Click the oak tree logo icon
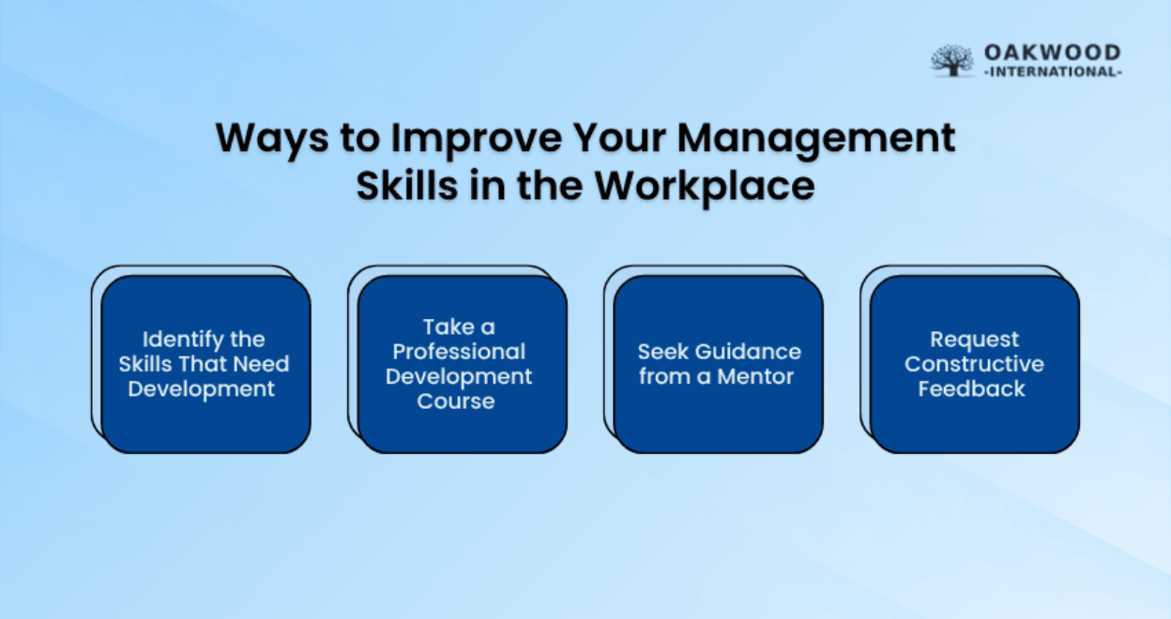tap(952, 61)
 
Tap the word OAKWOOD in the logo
tap(1053, 53)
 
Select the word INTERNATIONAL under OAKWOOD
tap(1053, 71)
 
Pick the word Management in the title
tap(816, 139)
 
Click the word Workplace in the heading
tap(705, 187)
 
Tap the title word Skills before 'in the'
tap(407, 186)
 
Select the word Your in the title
tap(619, 137)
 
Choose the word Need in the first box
tap(261, 364)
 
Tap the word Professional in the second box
tap(459, 352)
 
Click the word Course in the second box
tap(456, 401)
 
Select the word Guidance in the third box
tap(749, 352)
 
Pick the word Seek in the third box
tap(662, 352)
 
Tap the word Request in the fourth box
tap(975, 340)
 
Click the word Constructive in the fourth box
tap(975, 364)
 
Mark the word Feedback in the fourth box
tap(972, 389)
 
